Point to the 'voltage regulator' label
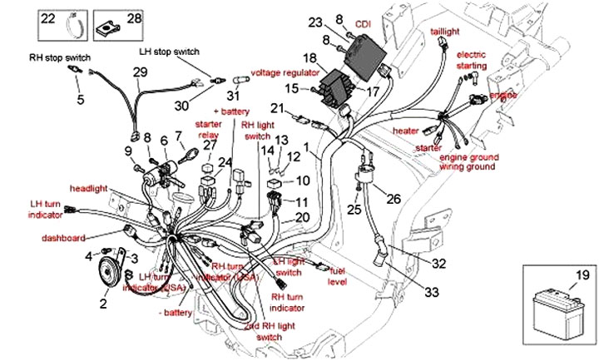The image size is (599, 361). [285, 72]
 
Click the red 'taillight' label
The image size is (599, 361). [445, 31]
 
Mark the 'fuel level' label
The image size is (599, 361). [337, 277]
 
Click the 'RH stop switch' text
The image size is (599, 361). [60, 58]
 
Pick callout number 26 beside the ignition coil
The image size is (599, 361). [394, 199]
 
